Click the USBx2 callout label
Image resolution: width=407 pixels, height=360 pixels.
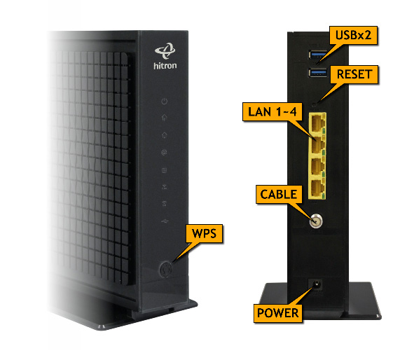point(353,35)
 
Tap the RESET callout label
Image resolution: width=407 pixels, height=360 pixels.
point(354,74)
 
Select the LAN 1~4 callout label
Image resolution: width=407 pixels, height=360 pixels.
point(273,112)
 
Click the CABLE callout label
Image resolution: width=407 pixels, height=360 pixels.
point(279,195)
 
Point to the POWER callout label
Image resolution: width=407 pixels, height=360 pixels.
point(278,313)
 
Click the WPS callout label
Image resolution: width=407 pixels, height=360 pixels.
point(205,234)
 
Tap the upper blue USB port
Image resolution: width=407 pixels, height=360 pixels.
point(318,55)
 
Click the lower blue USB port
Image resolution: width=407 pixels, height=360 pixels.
point(318,72)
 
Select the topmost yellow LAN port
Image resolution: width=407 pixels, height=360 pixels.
point(317,123)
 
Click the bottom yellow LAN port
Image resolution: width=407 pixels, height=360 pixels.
point(317,188)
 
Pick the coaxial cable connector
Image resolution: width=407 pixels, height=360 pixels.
point(316,221)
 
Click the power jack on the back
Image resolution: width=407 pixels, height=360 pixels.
point(317,284)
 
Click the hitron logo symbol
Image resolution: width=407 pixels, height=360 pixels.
point(165,51)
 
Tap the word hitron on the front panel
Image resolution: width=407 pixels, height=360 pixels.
point(165,66)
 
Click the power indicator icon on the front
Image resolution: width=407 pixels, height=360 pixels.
point(165,102)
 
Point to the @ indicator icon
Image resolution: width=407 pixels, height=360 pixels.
point(164,153)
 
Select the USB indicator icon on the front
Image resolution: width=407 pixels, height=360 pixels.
point(165,221)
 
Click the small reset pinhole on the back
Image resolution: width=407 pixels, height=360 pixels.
point(315,104)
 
